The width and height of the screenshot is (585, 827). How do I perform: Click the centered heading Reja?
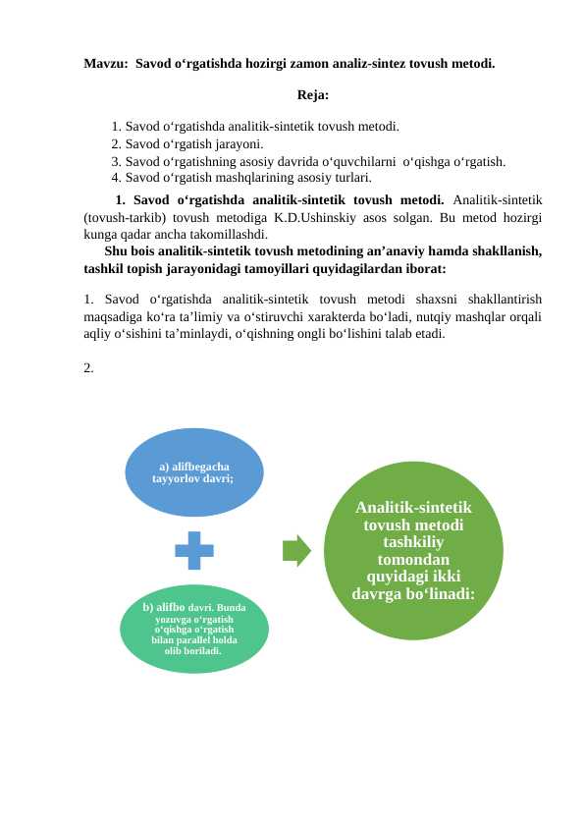pyautogui.click(x=312, y=95)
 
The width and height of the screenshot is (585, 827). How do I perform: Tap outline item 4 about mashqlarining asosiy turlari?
pyautogui.click(x=240, y=178)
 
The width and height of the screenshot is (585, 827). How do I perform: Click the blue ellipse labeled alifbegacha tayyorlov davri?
pyautogui.click(x=193, y=472)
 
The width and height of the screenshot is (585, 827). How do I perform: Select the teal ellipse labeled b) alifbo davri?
pyautogui.click(x=193, y=629)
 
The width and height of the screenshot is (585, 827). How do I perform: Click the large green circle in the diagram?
pyautogui.click(x=412, y=550)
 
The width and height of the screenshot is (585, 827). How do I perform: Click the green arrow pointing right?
pyautogui.click(x=295, y=550)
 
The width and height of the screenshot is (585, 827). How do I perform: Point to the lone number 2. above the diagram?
pyautogui.click(x=89, y=368)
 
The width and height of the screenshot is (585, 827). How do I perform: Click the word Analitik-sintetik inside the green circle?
pyautogui.click(x=413, y=507)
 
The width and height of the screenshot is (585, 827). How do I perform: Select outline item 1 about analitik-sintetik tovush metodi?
pyautogui.click(x=255, y=126)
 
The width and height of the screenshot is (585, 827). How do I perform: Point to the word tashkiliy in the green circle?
pyautogui.click(x=413, y=542)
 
